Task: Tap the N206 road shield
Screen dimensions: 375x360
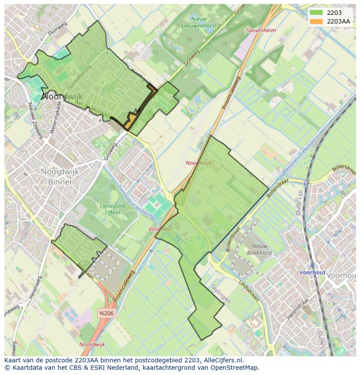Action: point(106,313)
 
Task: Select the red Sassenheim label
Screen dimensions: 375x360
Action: point(261,30)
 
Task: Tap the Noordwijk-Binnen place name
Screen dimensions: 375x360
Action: point(61,176)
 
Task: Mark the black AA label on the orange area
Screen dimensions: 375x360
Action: point(137,111)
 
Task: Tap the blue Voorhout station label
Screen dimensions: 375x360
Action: point(312,272)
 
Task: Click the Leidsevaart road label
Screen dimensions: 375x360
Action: point(249,291)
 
